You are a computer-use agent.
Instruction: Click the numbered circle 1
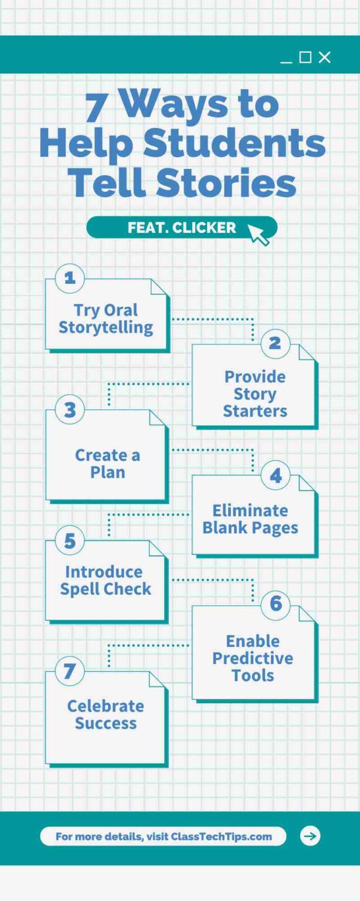(70, 277)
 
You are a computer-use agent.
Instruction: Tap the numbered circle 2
(275, 343)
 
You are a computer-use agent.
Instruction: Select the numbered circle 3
(70, 409)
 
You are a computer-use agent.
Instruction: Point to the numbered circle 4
(275, 475)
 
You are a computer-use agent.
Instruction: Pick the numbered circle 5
(70, 540)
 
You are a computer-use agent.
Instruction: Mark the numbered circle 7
(70, 671)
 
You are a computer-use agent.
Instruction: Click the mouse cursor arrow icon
(258, 234)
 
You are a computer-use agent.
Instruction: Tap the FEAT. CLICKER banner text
(182, 228)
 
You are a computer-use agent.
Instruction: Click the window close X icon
(325, 57)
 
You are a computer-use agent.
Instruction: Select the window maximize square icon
(305, 57)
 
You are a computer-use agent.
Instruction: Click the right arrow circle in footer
(310, 836)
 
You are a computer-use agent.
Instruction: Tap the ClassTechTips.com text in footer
(221, 836)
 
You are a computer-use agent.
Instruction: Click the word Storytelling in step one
(106, 327)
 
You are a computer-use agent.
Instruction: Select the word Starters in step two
(255, 411)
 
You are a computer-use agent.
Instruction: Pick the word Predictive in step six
(253, 658)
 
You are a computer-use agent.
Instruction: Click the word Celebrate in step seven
(106, 706)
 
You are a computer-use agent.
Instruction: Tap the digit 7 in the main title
(97, 106)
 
